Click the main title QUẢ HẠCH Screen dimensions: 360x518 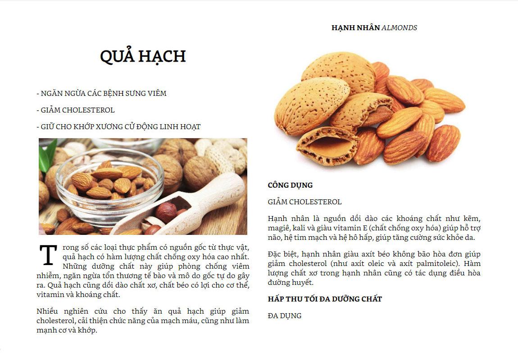[x=142, y=57]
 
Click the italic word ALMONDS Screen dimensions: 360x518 [x=399, y=28]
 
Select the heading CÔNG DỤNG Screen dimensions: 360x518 [x=290, y=185]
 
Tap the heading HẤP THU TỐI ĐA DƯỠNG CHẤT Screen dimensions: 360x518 [x=324, y=299]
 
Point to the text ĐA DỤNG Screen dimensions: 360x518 [x=284, y=316]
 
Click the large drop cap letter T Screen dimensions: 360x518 [x=48, y=255]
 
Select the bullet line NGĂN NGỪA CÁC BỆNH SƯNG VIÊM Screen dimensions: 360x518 [x=101, y=94]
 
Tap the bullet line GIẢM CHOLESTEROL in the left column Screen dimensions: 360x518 [x=76, y=110]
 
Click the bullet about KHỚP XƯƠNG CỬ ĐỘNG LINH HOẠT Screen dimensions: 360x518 [x=118, y=127]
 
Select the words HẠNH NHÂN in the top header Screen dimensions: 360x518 [x=355, y=28]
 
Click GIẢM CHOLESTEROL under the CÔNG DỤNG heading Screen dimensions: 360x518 [x=304, y=202]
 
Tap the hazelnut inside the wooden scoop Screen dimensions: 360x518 [x=166, y=211]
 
